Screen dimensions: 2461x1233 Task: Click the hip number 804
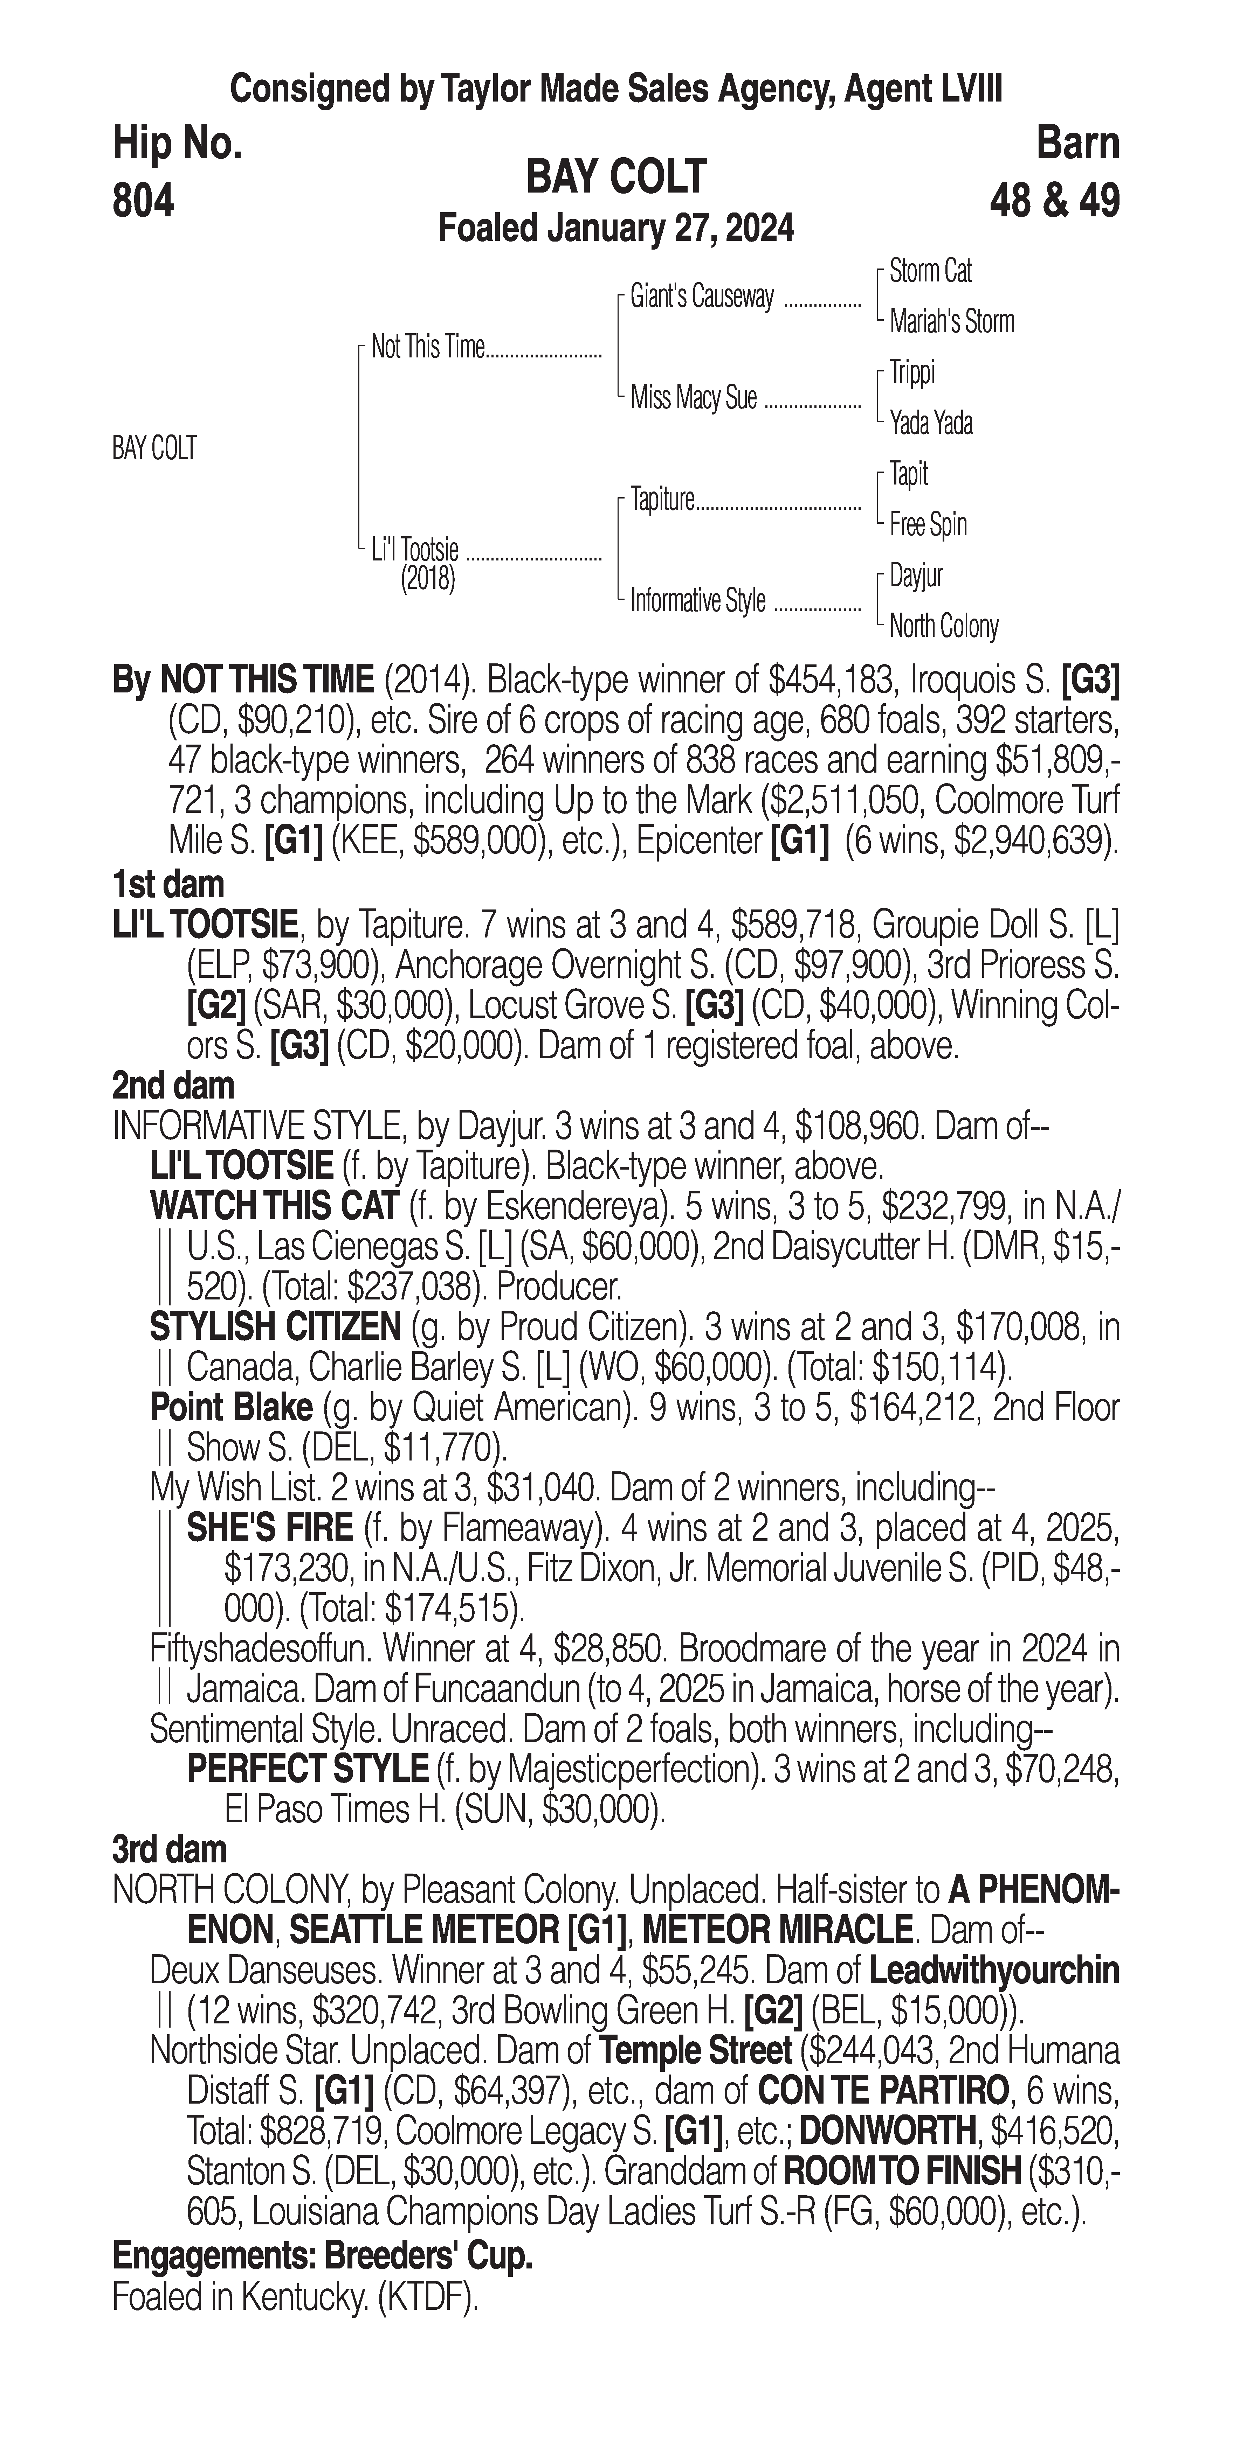(x=143, y=202)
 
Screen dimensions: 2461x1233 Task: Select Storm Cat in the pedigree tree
(x=930, y=271)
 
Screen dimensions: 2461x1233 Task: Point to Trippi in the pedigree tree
(x=912, y=372)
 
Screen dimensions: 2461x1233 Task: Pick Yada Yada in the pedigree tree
(x=931, y=422)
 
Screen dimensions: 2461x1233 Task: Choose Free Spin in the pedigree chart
(x=928, y=524)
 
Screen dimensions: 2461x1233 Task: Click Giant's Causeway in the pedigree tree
(x=702, y=297)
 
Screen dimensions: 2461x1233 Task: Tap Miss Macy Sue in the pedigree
(x=693, y=397)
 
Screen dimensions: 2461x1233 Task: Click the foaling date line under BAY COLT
(x=615, y=229)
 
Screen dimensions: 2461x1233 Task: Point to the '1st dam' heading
(x=168, y=884)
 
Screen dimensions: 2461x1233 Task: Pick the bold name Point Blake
(x=231, y=1407)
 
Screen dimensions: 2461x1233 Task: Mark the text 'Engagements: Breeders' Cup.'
(x=322, y=2257)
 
